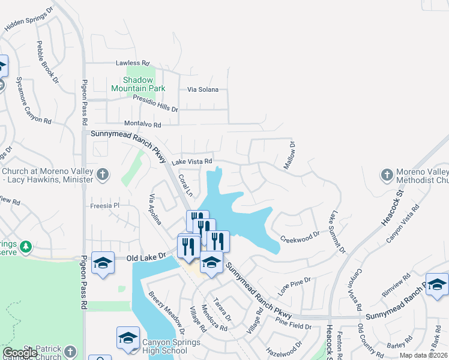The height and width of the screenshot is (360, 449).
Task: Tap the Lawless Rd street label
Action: click(x=133, y=63)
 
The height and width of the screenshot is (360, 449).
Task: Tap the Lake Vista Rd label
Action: click(x=192, y=161)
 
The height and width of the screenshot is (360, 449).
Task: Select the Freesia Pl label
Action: click(x=105, y=206)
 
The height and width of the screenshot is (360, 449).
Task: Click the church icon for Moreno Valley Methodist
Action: click(x=387, y=175)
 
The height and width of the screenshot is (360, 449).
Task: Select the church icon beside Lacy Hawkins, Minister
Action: click(x=103, y=175)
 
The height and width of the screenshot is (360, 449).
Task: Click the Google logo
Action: click(x=20, y=353)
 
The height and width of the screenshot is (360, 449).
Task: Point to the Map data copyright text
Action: click(x=423, y=355)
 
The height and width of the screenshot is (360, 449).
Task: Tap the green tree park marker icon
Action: click(x=25, y=246)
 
